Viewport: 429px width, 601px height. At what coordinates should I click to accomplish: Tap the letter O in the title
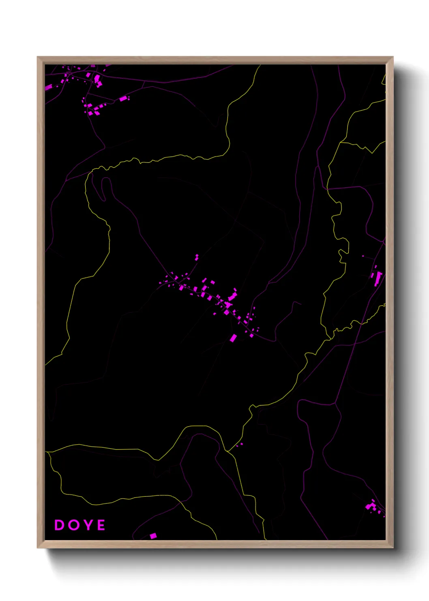click(x=73, y=525)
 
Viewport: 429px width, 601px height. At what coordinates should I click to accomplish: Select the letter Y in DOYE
click(x=87, y=525)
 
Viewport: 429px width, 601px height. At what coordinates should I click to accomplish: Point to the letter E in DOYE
click(x=101, y=525)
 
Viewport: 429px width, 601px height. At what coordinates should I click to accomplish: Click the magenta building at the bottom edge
click(x=153, y=536)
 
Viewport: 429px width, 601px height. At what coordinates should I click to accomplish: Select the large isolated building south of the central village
click(x=233, y=338)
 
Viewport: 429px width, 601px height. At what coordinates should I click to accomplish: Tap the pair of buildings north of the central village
click(x=197, y=257)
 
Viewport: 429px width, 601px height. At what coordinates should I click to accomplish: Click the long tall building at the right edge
click(x=378, y=279)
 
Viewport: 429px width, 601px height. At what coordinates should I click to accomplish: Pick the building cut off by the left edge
click(x=48, y=87)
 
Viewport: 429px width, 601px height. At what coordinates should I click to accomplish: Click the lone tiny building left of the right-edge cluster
click(x=363, y=256)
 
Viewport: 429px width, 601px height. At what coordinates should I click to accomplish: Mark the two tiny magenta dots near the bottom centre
click(x=239, y=445)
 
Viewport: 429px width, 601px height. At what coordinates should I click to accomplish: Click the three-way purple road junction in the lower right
click(x=335, y=404)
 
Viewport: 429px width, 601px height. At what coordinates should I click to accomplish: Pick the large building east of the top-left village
click(x=123, y=98)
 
